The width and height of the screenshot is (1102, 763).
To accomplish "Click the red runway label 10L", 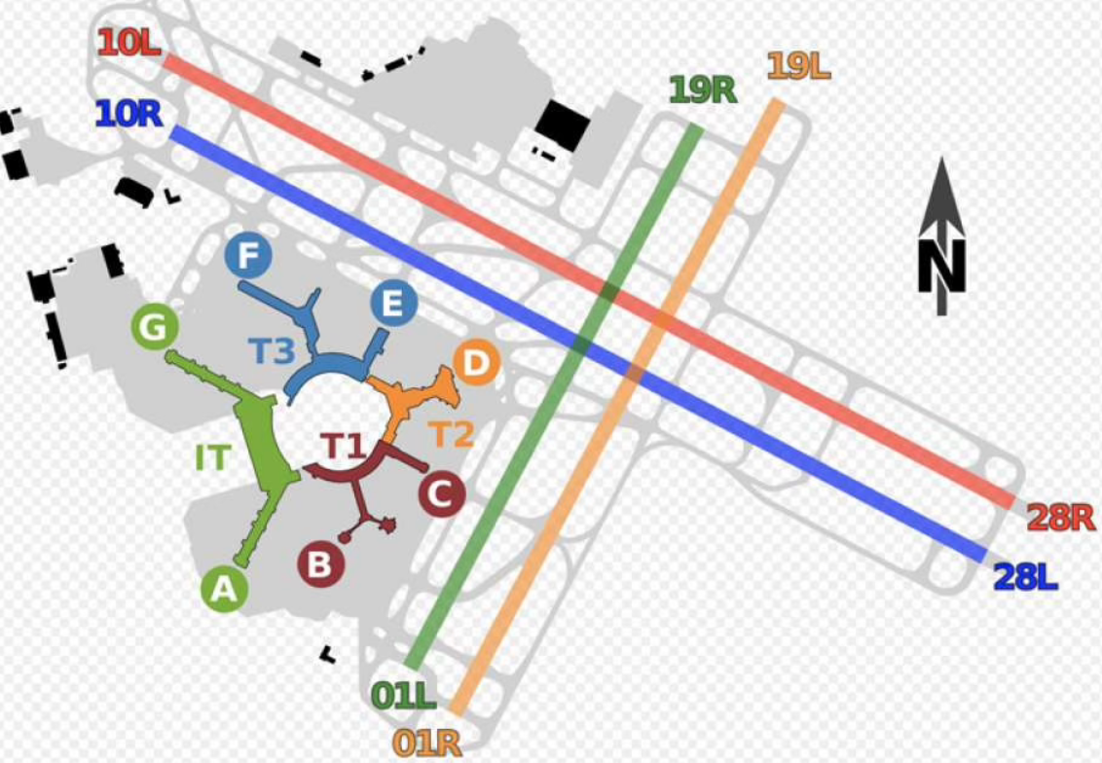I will click(x=129, y=43).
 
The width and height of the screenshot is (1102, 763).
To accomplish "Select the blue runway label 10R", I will click(x=129, y=115).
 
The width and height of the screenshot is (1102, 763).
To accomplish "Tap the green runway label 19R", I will click(x=702, y=91).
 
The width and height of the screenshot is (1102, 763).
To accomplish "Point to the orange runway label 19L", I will click(x=798, y=66).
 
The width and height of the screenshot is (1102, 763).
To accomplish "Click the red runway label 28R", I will click(x=1061, y=518).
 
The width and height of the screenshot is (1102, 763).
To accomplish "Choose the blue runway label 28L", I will click(x=1025, y=578).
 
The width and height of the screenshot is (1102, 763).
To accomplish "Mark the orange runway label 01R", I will click(x=427, y=743).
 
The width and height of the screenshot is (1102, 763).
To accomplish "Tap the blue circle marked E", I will click(x=393, y=305).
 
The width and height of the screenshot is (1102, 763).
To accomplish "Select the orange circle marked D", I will click(x=475, y=364).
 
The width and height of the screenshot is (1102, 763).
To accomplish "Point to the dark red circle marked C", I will click(x=442, y=495).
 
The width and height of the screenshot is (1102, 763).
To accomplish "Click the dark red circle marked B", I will click(x=321, y=563).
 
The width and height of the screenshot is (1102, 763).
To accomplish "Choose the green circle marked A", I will click(x=225, y=589).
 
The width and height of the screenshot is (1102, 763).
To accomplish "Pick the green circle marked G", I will click(x=154, y=328).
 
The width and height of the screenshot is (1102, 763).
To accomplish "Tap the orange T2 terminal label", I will click(x=452, y=434).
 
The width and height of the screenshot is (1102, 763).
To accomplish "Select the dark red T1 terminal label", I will click(x=343, y=447).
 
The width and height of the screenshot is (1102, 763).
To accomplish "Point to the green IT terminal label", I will click(x=212, y=456).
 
